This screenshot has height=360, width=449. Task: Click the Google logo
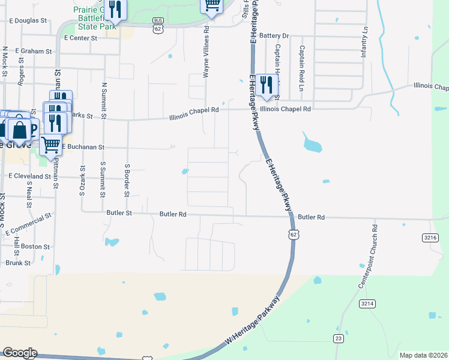pos(19,353)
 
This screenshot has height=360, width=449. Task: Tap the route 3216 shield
pos(430,238)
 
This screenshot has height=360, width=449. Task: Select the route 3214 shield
pos(367,304)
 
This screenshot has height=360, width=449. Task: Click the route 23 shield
pos(339,339)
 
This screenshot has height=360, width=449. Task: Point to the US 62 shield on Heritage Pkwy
pos(292,234)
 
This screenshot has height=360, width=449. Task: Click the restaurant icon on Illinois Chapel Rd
pos(266,85)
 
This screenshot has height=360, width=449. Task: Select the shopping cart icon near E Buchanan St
pos(51,143)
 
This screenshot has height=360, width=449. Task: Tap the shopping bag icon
pos(19,128)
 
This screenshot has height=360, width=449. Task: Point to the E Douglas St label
pos(28,20)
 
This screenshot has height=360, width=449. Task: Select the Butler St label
pos(119,213)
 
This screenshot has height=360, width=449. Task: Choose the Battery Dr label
pos(274,36)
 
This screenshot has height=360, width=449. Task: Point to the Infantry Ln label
pos(364,42)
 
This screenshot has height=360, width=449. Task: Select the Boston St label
pos(35,247)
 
